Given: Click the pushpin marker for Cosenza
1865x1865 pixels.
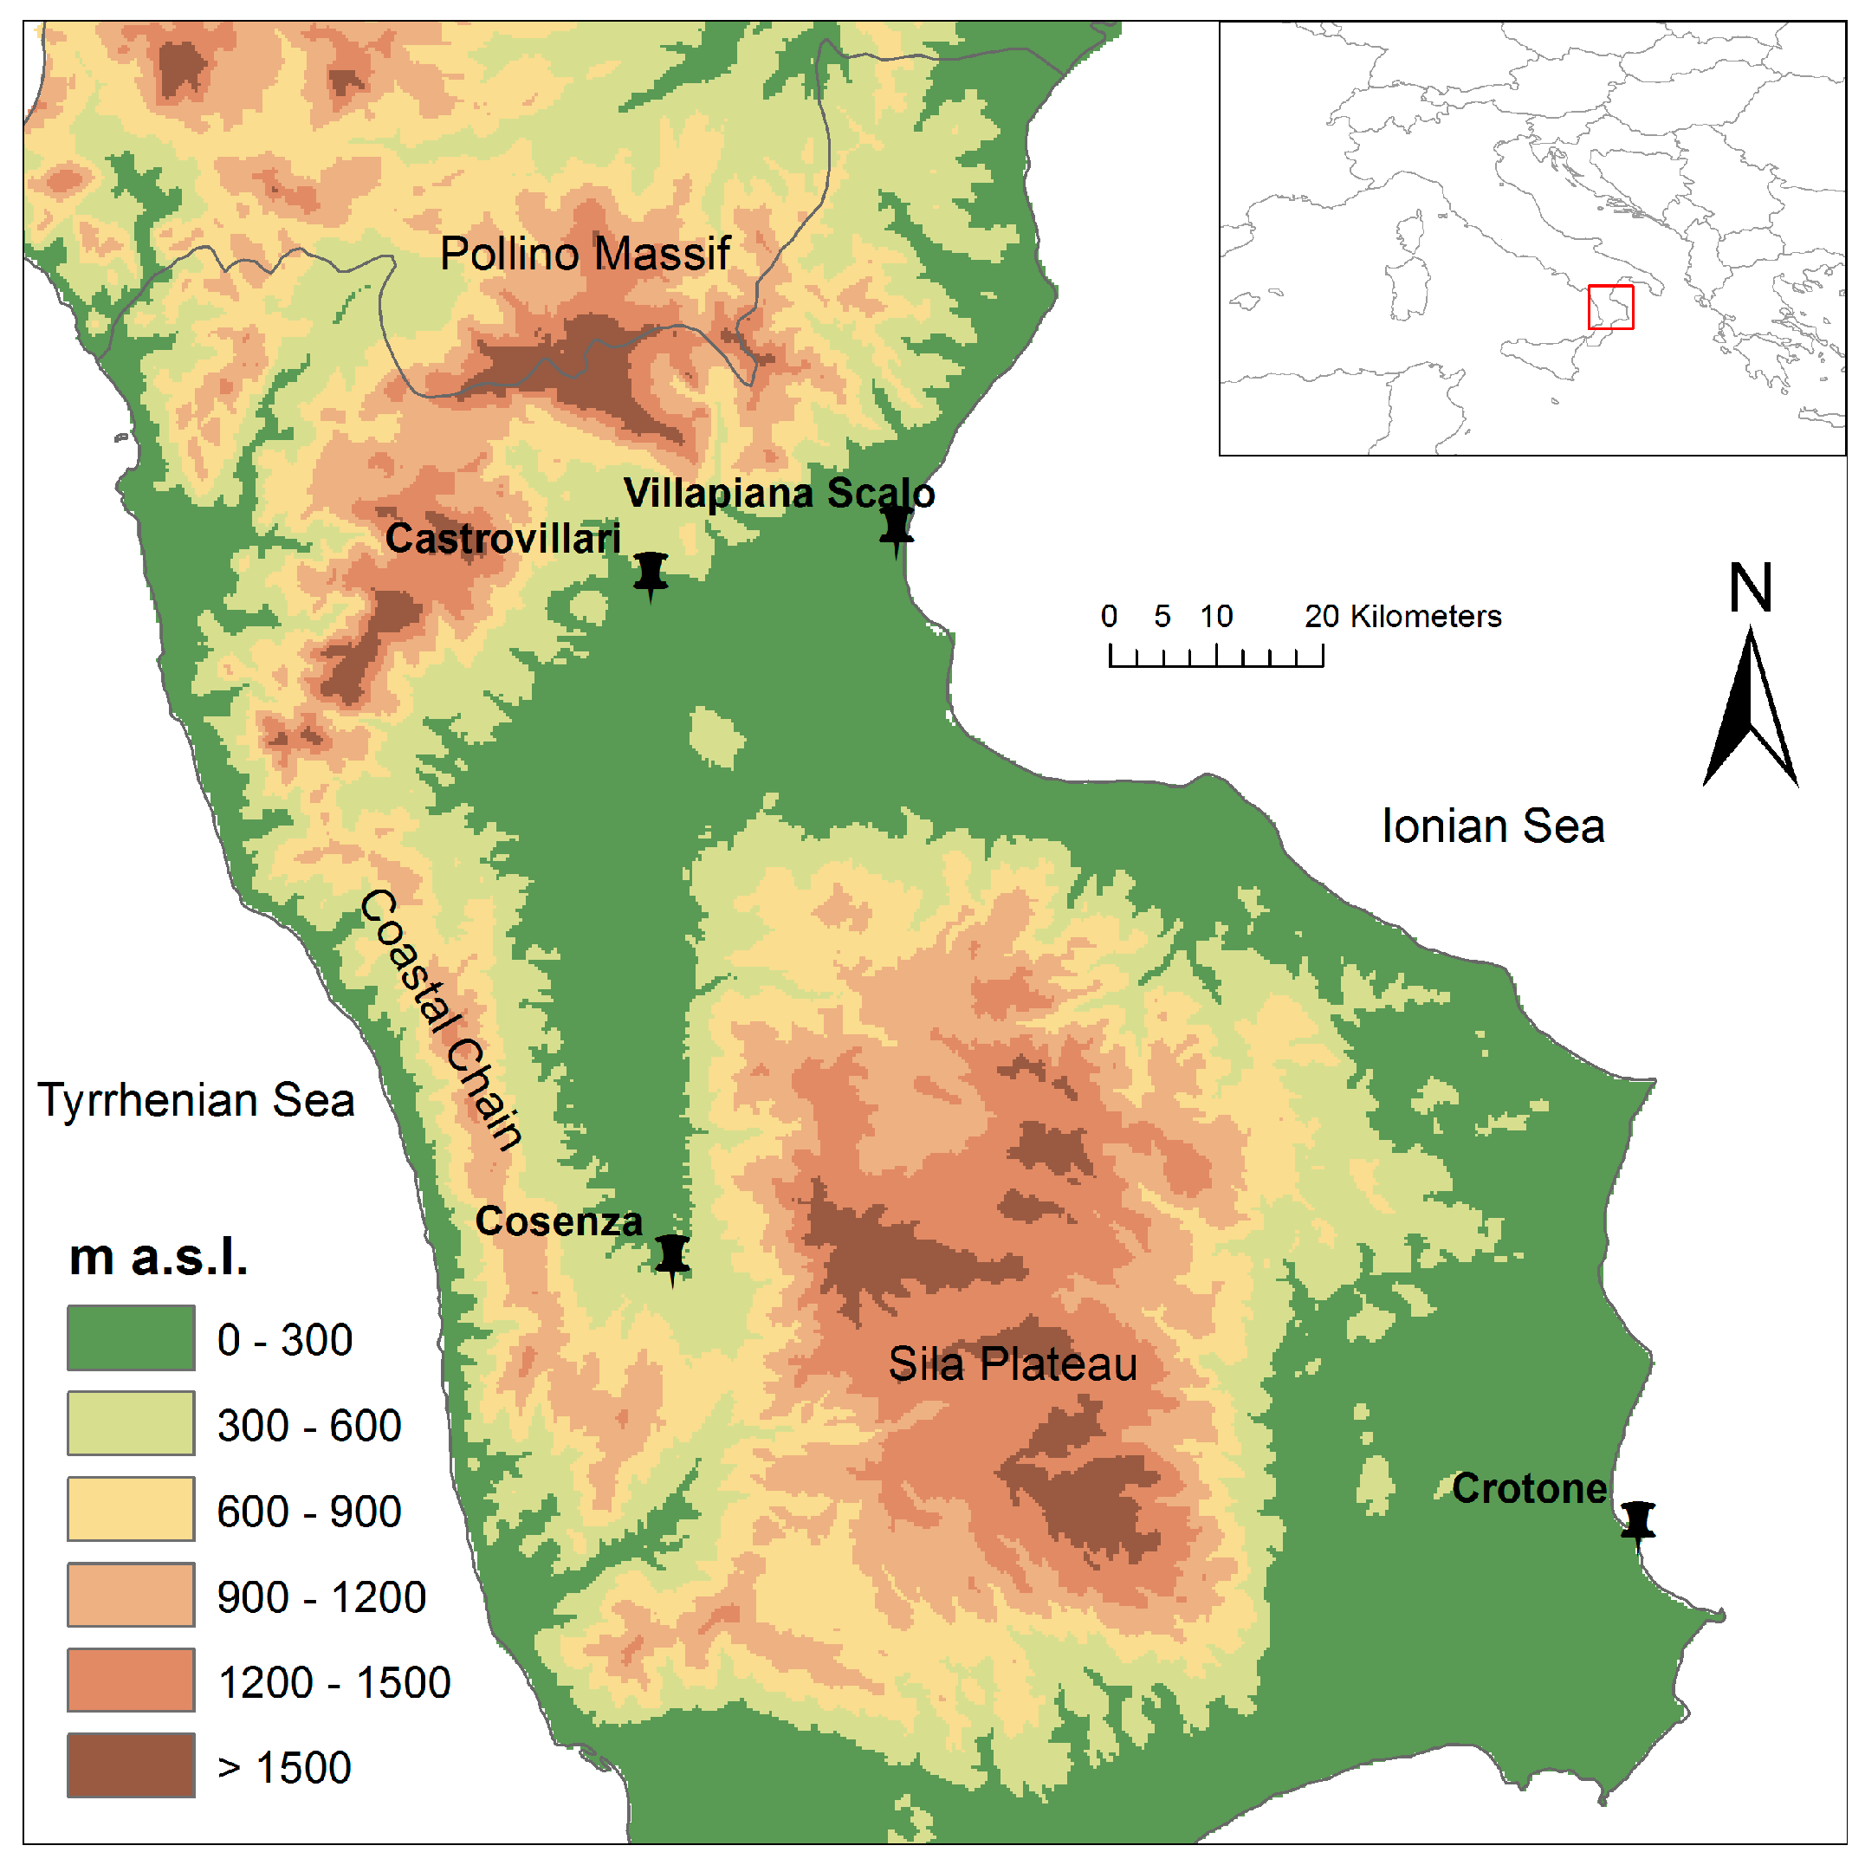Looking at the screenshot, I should (672, 1256).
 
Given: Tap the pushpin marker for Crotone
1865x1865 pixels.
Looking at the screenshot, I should (1637, 1520).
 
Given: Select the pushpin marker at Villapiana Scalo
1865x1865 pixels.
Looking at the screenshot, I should (896, 527).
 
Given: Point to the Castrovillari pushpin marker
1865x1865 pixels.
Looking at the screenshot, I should (651, 573).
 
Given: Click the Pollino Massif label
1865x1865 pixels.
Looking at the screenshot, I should (585, 254).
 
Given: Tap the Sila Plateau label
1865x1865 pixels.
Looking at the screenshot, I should (1013, 1364).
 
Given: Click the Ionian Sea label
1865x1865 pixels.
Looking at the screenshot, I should (1493, 826).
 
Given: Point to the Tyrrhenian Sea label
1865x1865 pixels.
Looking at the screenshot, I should (196, 1100).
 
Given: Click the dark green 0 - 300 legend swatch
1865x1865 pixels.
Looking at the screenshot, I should (130, 1338).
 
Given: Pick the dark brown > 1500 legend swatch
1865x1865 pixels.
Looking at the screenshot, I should (130, 1765).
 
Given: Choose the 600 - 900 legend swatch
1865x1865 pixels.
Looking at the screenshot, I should (130, 1509).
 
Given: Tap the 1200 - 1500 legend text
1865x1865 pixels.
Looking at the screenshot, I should (334, 1682).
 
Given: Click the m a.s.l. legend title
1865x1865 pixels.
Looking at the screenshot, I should (159, 1258).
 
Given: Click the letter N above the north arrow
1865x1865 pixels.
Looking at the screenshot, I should (1750, 587).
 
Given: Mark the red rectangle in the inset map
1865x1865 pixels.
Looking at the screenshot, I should (1610, 307).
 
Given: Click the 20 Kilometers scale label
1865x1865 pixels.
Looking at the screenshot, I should (1402, 616).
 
